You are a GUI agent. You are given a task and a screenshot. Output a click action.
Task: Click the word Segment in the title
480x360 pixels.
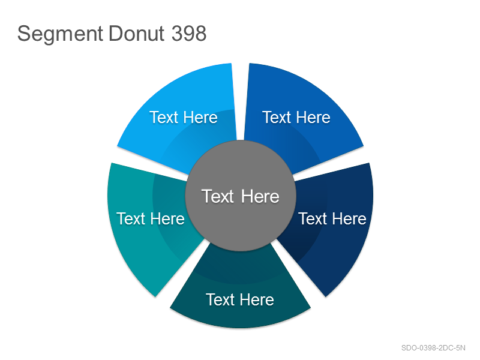[60, 34]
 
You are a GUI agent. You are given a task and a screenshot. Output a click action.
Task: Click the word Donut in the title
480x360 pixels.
[137, 33]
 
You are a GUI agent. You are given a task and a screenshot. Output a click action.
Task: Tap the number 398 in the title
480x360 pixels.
[189, 33]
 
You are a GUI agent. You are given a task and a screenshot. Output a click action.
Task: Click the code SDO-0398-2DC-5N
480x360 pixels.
[433, 348]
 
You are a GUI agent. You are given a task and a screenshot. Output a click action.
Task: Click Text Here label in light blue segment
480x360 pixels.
[184, 117]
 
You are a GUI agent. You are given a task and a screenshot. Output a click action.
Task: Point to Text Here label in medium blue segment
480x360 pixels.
[296, 117]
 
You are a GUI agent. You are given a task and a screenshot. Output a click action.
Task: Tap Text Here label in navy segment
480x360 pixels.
[332, 218]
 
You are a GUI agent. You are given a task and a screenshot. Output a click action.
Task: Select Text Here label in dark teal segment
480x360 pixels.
[240, 299]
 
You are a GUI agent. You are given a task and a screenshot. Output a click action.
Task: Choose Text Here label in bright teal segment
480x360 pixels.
[151, 218]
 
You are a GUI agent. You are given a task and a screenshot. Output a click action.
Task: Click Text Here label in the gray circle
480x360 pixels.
[241, 196]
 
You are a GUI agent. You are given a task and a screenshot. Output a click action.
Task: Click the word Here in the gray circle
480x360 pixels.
[260, 196]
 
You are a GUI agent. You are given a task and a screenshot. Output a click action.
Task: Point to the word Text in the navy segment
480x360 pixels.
[313, 218]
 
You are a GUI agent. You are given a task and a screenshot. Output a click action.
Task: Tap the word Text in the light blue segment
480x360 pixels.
[164, 117]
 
